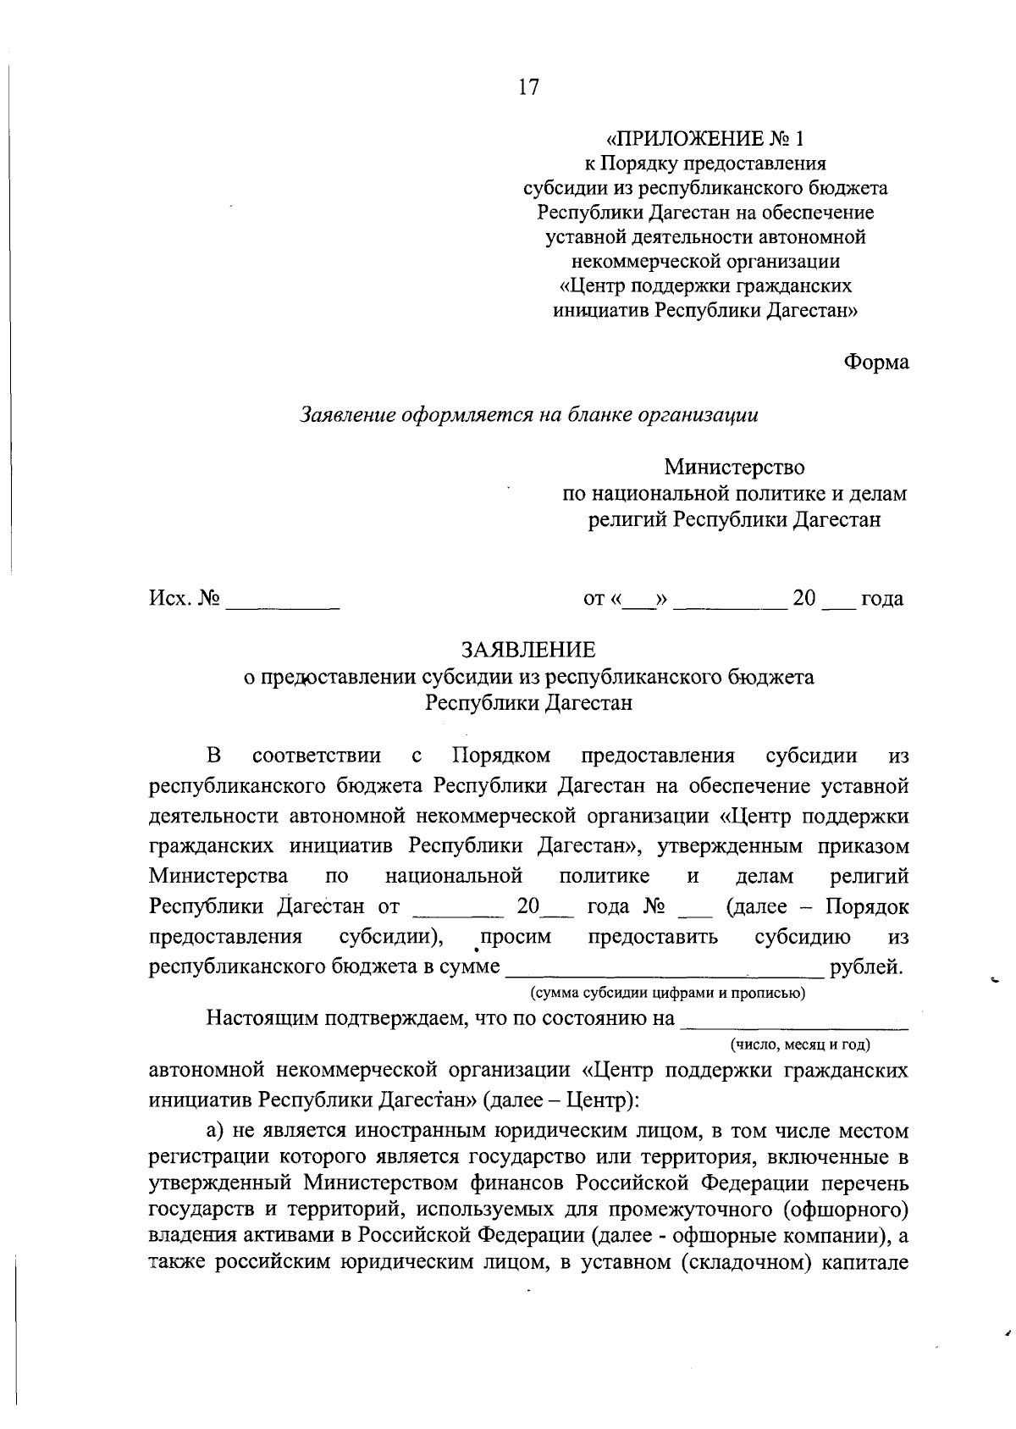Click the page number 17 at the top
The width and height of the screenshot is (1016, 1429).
tap(528, 87)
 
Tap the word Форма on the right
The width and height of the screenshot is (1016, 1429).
tap(875, 363)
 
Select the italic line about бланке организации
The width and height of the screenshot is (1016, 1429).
tap(529, 415)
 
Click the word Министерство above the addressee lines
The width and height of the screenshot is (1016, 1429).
tap(734, 467)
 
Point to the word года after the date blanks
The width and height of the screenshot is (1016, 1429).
tap(882, 600)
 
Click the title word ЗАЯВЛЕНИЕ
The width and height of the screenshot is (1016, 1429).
tap(528, 650)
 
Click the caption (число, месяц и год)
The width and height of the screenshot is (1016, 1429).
tap(800, 1044)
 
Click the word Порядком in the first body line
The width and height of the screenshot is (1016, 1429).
tap(501, 755)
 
